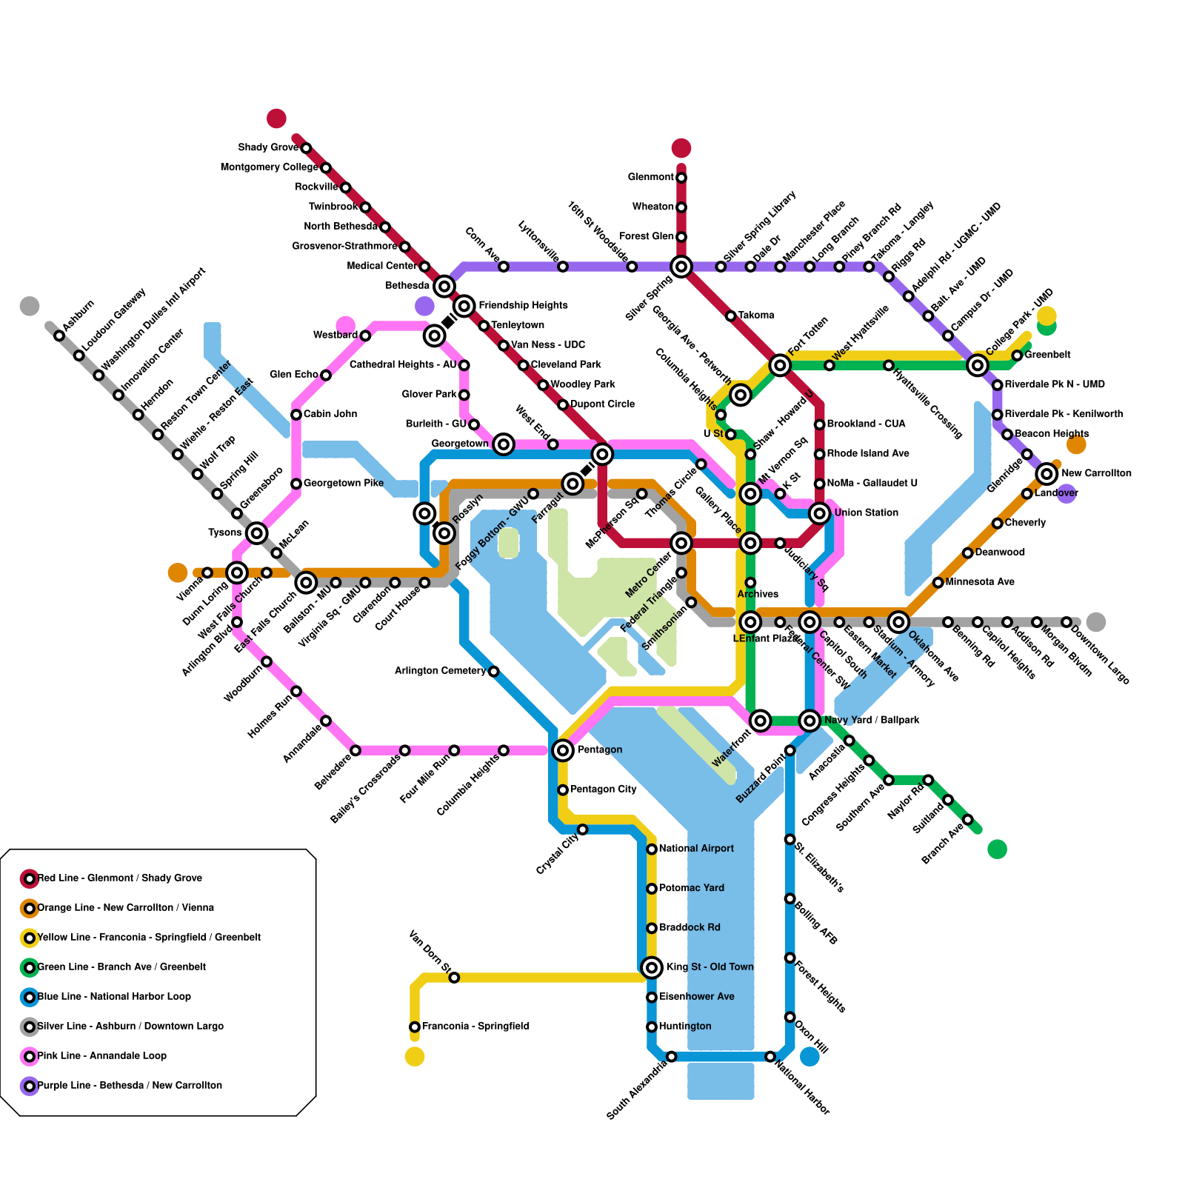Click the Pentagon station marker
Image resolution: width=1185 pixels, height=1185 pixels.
click(563, 750)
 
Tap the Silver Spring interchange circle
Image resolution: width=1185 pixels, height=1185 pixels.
click(681, 266)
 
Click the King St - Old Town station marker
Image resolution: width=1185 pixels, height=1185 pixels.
click(652, 967)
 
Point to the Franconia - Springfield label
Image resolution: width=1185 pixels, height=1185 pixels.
click(475, 1027)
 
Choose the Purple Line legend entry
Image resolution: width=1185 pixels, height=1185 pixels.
click(122, 1086)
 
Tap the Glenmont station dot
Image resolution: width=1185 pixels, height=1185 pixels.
click(681, 177)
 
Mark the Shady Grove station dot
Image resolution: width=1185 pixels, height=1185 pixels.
click(306, 148)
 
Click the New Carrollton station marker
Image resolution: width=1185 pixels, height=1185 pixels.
click(1047, 473)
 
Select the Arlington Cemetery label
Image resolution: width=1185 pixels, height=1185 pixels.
click(440, 671)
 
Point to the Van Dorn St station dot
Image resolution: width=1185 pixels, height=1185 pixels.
click(454, 978)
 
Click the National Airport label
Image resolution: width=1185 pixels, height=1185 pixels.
click(696, 849)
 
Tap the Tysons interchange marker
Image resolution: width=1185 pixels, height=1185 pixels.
click(257, 533)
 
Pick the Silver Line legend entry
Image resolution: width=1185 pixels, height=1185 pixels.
click(123, 1027)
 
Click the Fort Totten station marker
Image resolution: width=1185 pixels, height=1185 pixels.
click(780, 364)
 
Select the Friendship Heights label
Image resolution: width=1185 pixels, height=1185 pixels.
click(523, 305)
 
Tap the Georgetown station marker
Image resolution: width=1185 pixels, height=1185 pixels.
click(504, 444)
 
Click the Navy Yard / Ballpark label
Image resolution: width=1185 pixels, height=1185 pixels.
click(872, 720)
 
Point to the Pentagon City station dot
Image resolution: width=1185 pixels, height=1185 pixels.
click(563, 790)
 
